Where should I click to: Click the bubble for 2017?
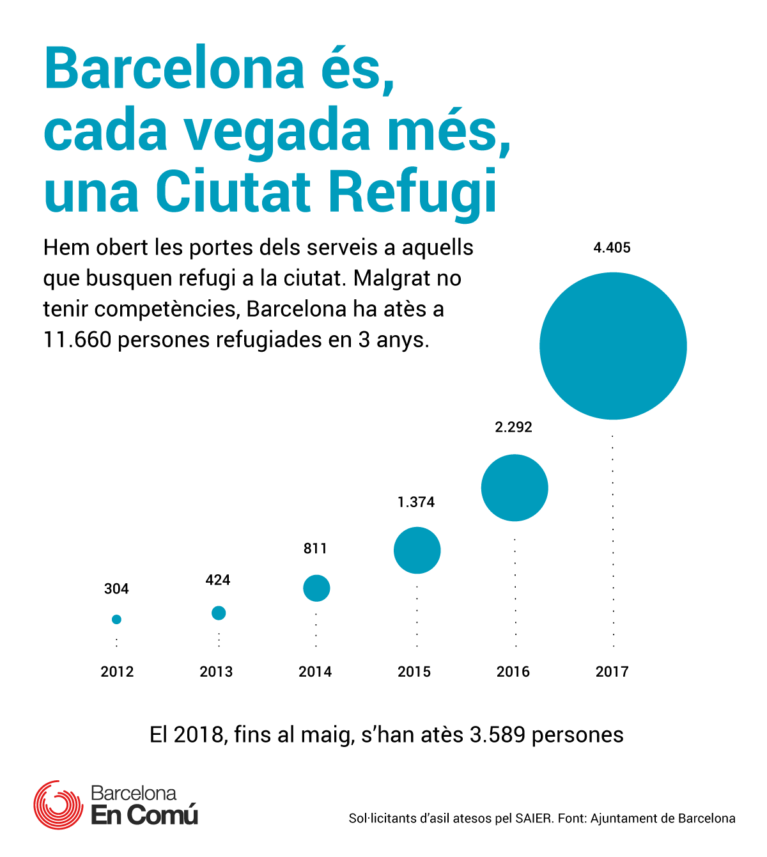click(x=613, y=346)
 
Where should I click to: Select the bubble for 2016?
click(x=515, y=488)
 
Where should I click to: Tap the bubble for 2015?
click(x=417, y=550)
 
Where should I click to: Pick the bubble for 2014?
click(x=316, y=588)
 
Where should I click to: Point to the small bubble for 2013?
click(x=219, y=613)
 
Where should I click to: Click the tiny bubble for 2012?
click(x=117, y=619)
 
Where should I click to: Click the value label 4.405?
click(x=612, y=248)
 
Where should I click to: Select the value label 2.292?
click(x=513, y=427)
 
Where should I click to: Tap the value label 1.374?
click(x=416, y=502)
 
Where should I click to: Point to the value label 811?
click(x=315, y=549)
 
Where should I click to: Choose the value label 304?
click(x=116, y=589)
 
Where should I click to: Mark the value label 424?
click(x=218, y=580)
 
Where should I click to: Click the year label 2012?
click(x=117, y=672)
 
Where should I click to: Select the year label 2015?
click(x=414, y=672)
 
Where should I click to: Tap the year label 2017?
click(x=612, y=672)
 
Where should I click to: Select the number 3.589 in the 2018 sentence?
click(x=498, y=735)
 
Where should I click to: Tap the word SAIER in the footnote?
click(x=534, y=819)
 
